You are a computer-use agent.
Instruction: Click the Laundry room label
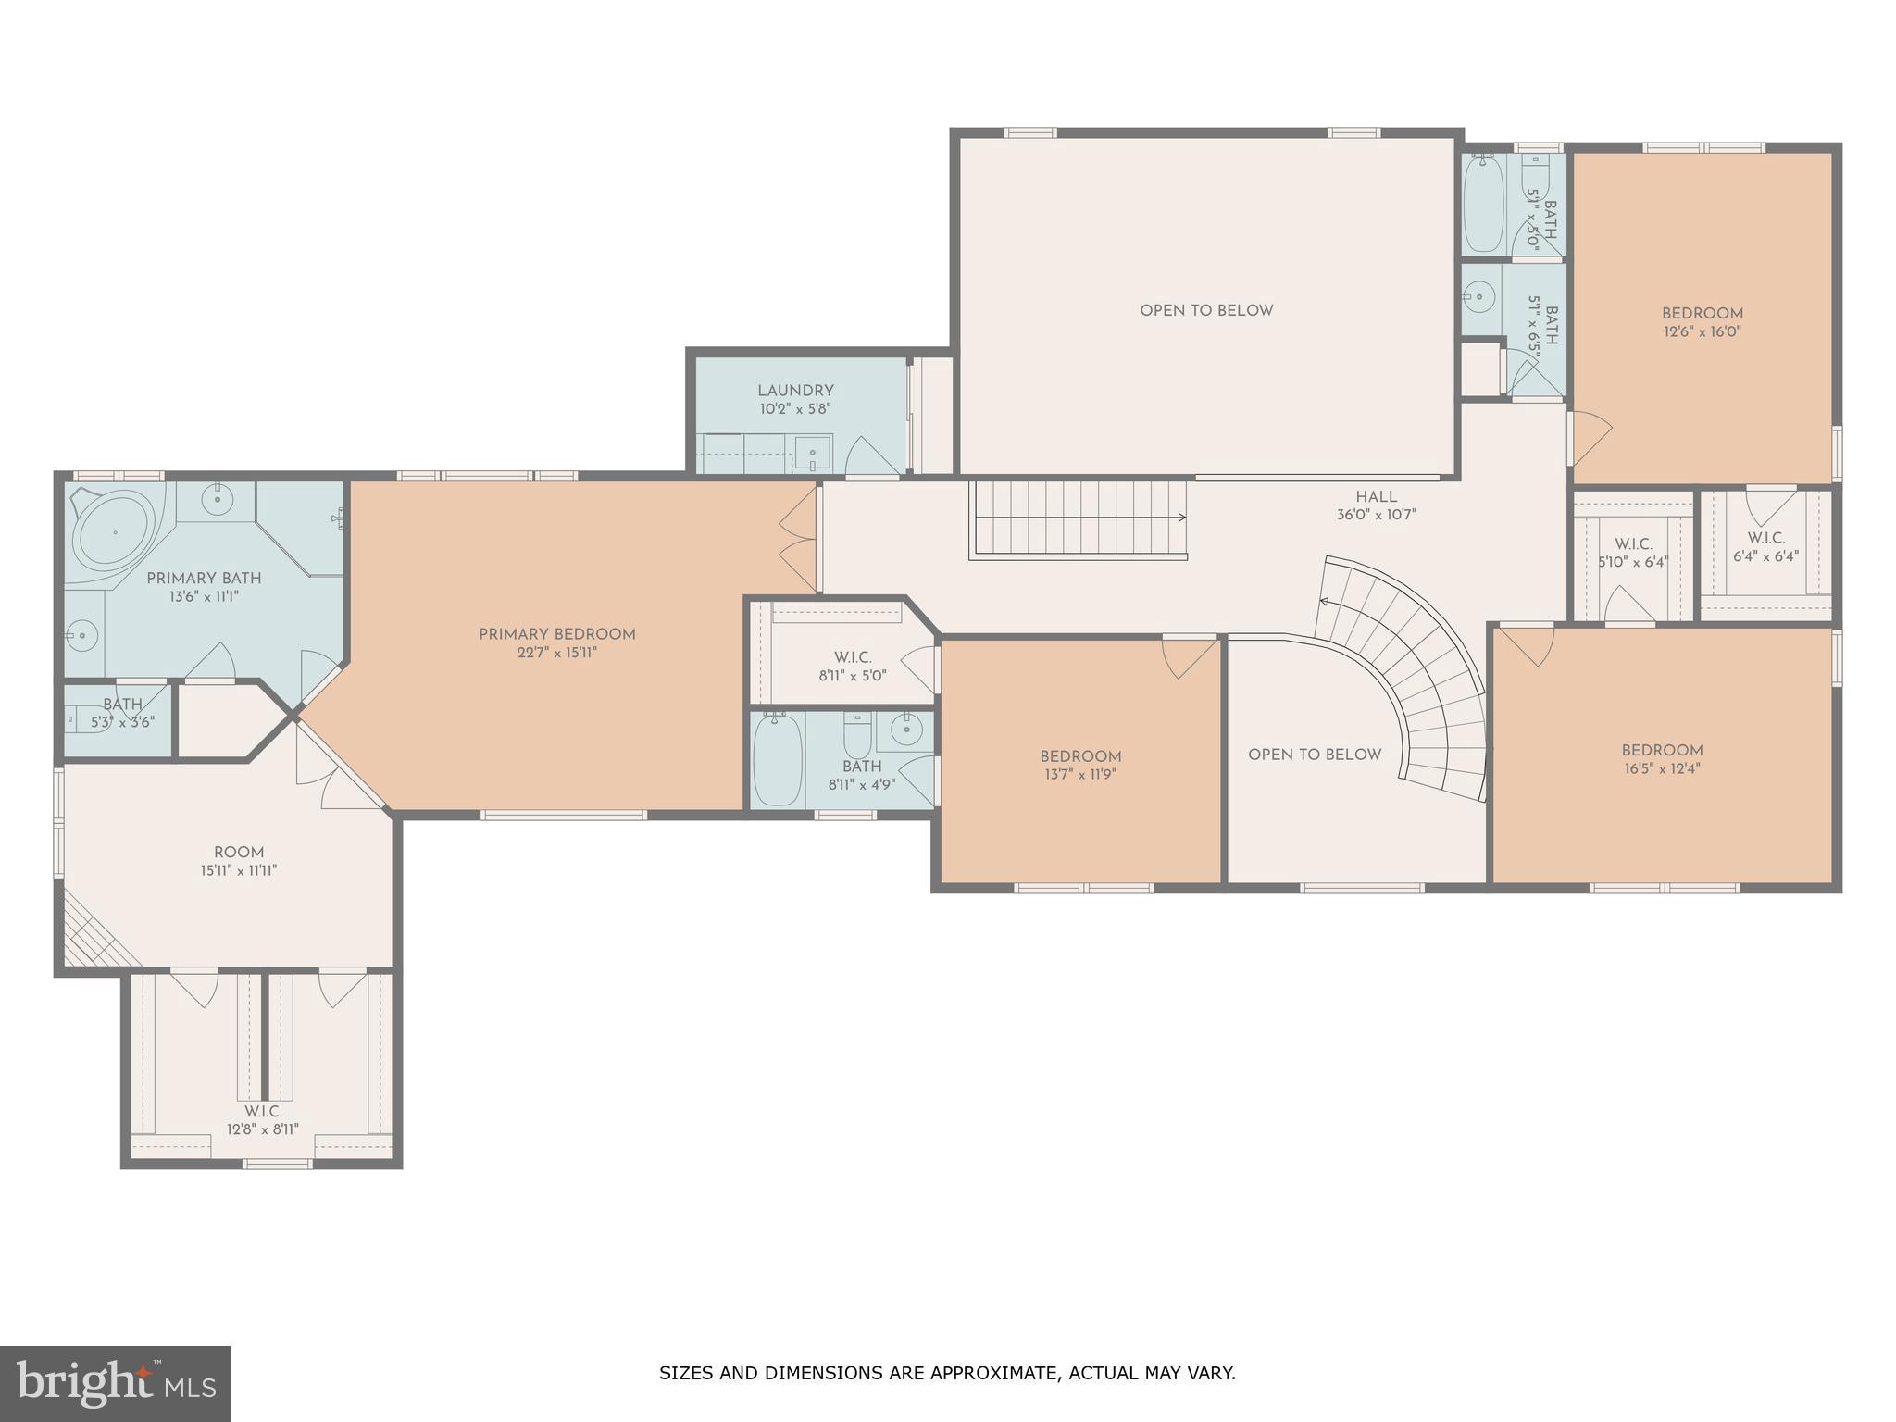coord(795,391)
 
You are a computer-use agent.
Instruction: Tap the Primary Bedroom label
coord(556,634)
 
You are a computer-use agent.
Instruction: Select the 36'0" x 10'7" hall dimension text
coord(1376,515)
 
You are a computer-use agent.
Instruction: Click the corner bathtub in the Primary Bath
coord(115,533)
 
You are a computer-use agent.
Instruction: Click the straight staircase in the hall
coord(1079,519)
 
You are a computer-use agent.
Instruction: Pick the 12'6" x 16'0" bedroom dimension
coord(1702,331)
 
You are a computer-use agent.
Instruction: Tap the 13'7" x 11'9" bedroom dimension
coord(1079,774)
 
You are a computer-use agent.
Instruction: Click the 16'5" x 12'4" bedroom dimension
coord(1662,768)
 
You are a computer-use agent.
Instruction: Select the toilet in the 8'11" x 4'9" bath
coord(857,735)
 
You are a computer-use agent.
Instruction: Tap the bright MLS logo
coord(116,1383)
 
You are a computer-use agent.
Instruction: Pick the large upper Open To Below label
coord(1206,311)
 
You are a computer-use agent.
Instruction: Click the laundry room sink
coord(813,454)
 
